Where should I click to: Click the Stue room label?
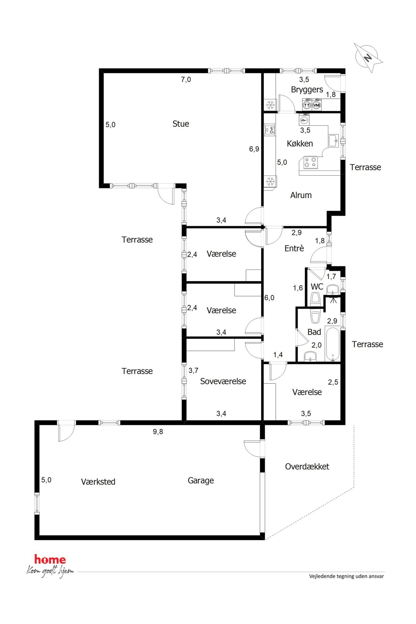[181, 124]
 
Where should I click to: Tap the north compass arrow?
[368, 58]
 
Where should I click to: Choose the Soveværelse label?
[223, 381]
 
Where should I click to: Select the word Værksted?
[98, 482]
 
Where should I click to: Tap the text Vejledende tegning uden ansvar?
[346, 576]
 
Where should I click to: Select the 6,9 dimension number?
[254, 149]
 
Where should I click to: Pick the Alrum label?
[301, 195]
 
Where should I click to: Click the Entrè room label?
[294, 248]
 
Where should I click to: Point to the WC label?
[317, 287]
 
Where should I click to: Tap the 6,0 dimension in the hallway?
[269, 298]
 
